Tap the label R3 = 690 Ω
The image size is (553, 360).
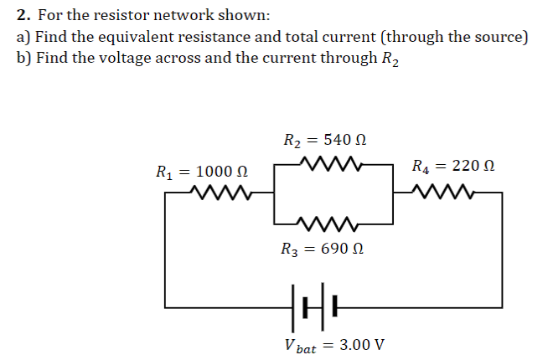coord(325,249)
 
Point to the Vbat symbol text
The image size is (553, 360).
coord(300,346)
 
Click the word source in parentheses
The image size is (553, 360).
coord(499,37)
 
